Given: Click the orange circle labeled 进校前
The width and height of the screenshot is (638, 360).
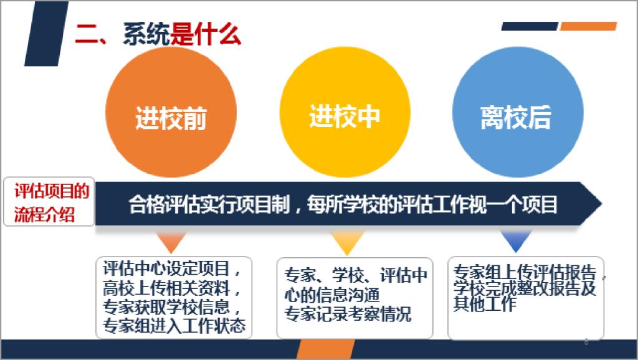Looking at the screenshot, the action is coord(171,112).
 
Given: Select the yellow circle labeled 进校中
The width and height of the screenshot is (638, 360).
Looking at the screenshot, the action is coord(345,112).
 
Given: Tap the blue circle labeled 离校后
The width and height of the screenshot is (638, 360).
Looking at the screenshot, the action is coord(518,112).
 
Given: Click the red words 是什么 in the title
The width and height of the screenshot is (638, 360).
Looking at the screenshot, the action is coord(206,34).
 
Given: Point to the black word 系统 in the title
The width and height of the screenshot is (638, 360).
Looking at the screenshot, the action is coord(146,34).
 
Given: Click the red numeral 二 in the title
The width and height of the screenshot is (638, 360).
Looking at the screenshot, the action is coord(86,34).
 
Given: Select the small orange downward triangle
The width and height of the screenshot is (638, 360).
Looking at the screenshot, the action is coord(171,242).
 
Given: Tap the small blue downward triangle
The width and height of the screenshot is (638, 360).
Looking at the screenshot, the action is coord(516,242).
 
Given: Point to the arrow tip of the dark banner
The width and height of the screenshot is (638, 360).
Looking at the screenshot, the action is coord(602,204).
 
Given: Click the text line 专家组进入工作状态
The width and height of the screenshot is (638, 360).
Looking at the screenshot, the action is coord(174,325).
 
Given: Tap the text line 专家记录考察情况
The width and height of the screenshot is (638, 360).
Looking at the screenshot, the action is coord(348,314).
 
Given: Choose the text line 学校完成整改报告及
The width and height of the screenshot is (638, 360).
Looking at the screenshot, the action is coord(525,288).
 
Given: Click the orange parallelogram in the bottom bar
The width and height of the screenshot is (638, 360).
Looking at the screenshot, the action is coord(325,349).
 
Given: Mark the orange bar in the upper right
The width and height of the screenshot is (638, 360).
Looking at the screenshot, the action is coord(588,26).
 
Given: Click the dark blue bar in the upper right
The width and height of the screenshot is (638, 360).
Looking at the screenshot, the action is coord(530,26).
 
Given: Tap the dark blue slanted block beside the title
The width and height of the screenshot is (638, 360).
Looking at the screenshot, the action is coord(46,34).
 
